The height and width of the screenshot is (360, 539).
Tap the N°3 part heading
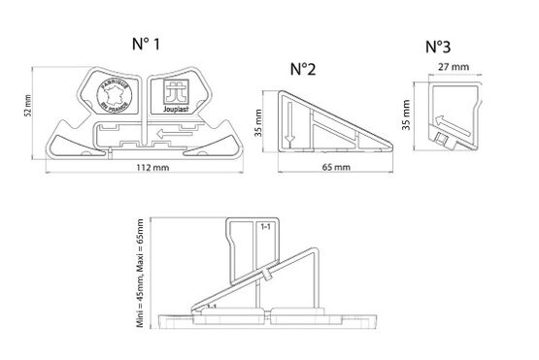[x=439, y=46]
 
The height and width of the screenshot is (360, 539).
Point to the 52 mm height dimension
[x=28, y=110]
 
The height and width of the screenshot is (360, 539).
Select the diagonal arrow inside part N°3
[x=446, y=122]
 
